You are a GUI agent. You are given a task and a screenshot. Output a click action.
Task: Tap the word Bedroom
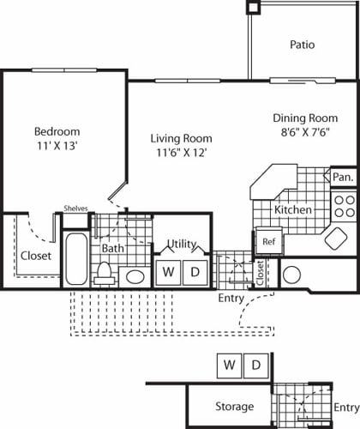[x=57, y=131]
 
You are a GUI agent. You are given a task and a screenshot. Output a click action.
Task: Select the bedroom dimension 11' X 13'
[x=57, y=146]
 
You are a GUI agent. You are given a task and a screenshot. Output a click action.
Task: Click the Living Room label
[x=181, y=138]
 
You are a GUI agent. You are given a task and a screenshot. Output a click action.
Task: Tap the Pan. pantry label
[x=341, y=176]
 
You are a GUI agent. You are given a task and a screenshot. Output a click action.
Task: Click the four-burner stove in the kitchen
[x=344, y=207]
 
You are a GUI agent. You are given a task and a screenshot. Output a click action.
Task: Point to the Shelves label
[x=77, y=208]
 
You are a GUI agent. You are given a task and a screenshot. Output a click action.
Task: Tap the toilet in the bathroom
[x=105, y=272]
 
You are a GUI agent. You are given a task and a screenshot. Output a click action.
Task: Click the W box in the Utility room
[x=169, y=272]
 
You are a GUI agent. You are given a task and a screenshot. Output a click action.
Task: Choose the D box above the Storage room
[x=255, y=365]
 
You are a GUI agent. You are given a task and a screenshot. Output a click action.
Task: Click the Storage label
[x=234, y=406]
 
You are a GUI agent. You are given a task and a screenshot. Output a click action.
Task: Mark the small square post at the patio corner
[x=253, y=7]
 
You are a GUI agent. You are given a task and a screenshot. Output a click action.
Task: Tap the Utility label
[x=182, y=244]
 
